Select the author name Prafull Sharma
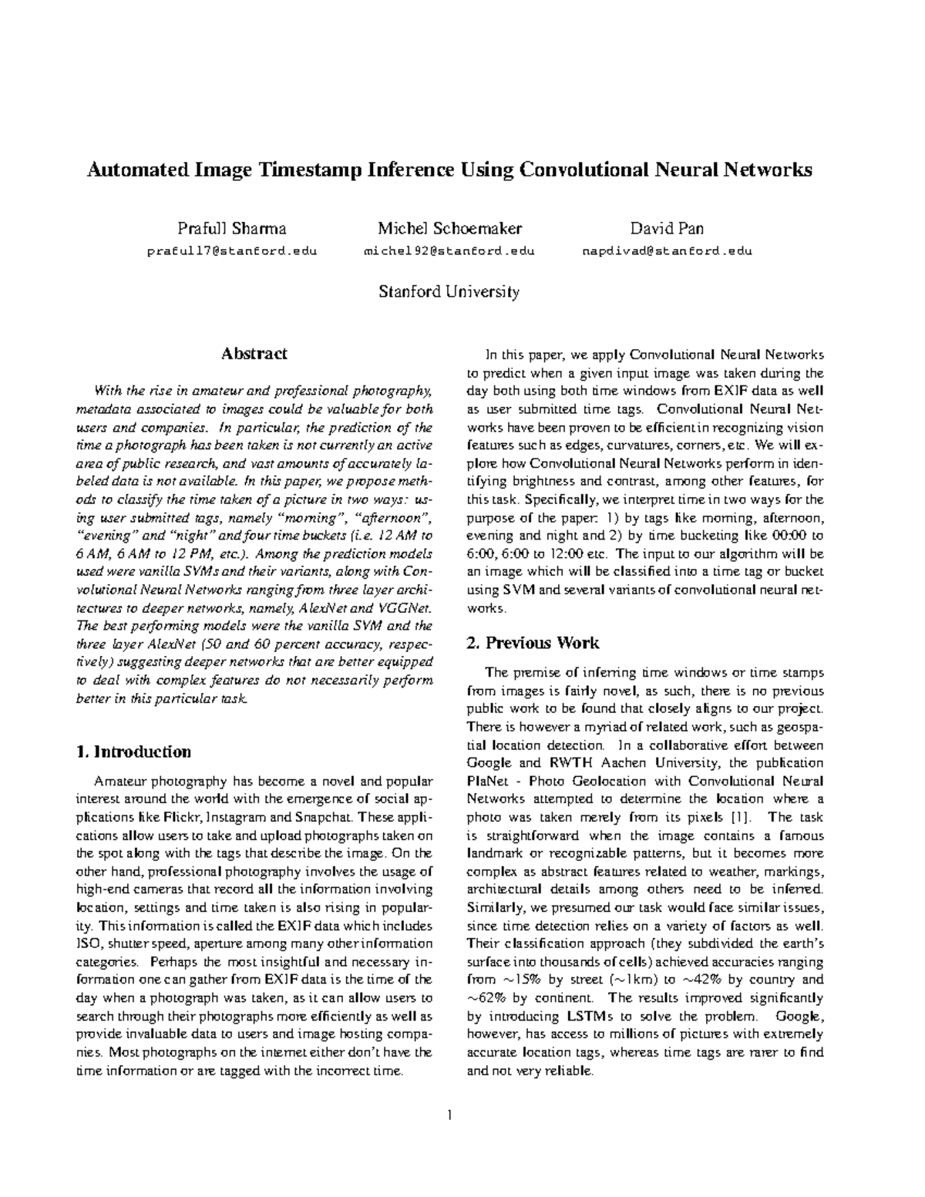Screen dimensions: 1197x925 click(x=232, y=228)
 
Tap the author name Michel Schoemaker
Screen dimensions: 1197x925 click(x=449, y=228)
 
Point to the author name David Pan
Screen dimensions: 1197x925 click(x=666, y=228)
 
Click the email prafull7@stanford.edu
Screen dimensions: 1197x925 click(x=232, y=250)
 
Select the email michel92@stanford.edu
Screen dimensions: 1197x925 click(x=449, y=250)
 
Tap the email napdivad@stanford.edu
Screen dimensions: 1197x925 click(x=666, y=250)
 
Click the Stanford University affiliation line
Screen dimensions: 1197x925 click(x=449, y=291)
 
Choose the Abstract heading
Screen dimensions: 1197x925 click(x=254, y=354)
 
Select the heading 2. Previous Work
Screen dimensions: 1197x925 click(x=533, y=643)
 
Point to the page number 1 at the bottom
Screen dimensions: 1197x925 click(x=449, y=1115)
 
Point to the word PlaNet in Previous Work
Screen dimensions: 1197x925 click(x=486, y=781)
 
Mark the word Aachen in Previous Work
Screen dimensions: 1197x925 click(x=621, y=763)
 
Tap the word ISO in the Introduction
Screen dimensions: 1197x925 click(x=89, y=943)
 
